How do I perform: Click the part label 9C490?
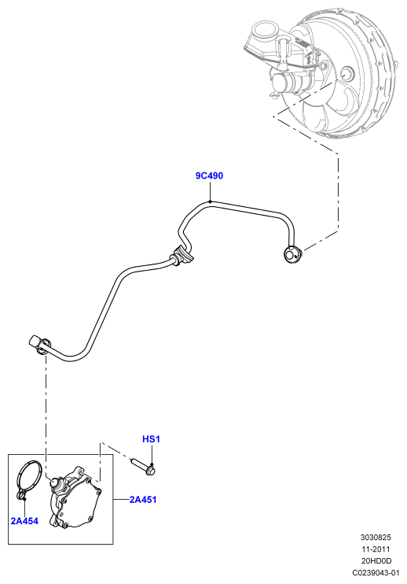[x=209, y=176]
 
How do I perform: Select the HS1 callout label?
[x=151, y=439]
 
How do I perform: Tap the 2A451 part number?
[x=143, y=500]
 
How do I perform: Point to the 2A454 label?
[x=24, y=521]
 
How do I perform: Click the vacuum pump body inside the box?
[x=76, y=500]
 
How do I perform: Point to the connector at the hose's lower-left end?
[x=38, y=342]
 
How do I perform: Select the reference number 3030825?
[x=376, y=538]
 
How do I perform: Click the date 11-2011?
[x=376, y=549]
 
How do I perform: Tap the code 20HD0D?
[x=376, y=560]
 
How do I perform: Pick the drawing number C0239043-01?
[x=376, y=572]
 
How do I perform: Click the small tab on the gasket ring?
[x=22, y=495]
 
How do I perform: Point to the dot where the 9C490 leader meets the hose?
[x=210, y=201]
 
